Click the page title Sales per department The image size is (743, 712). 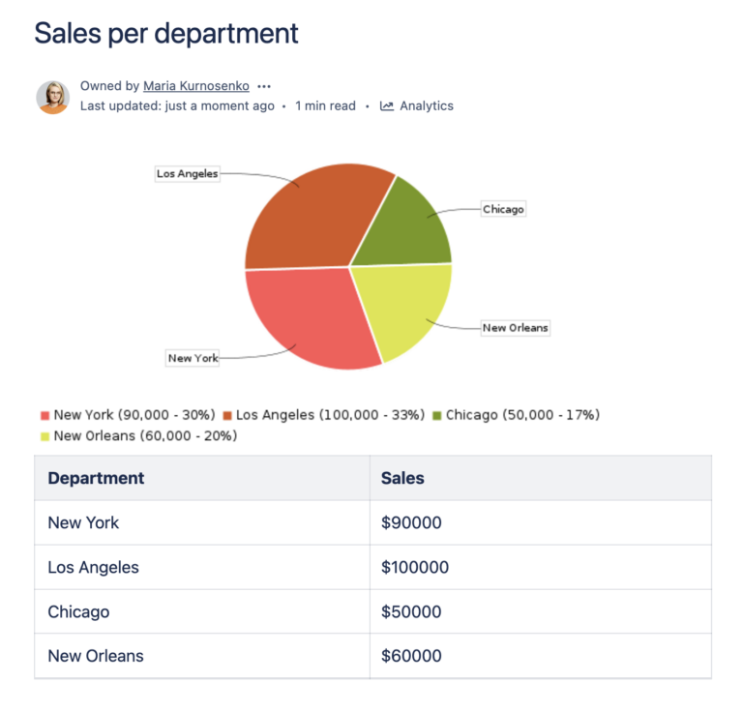coord(166,33)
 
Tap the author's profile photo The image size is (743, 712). coord(53,97)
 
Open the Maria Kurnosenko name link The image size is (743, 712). coord(197,86)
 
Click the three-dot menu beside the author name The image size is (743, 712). coord(264,86)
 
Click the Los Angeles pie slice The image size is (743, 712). coord(310,218)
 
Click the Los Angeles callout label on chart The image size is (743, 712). coord(188,174)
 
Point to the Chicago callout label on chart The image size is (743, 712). coord(503,209)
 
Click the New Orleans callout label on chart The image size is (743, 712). coord(515,328)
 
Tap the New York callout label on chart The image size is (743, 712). coord(193,358)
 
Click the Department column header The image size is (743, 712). coord(96,478)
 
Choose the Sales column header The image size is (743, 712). coord(402,478)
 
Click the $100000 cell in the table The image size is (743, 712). coord(415,568)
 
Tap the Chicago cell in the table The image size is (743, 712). coord(78,612)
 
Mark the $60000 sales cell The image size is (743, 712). coord(411,656)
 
